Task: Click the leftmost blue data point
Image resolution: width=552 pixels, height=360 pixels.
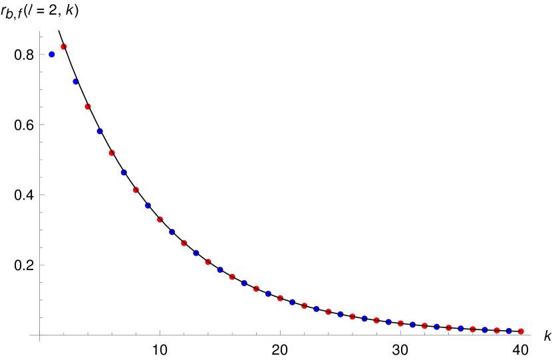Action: [x=52, y=55]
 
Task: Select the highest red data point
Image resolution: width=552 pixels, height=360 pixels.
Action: [x=64, y=47]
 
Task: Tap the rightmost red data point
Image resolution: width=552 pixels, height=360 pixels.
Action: [x=521, y=331]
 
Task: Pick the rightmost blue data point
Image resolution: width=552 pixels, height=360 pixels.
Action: [x=509, y=330]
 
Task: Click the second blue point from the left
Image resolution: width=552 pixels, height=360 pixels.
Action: [x=76, y=82]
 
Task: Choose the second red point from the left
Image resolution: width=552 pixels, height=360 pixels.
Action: [x=88, y=106]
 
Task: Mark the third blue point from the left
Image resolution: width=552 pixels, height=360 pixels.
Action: [x=100, y=131]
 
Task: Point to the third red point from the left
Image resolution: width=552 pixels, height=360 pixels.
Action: [x=112, y=153]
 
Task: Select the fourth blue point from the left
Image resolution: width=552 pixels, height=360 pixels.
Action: [x=124, y=172]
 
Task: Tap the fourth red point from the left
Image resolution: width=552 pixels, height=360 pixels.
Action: [x=136, y=190]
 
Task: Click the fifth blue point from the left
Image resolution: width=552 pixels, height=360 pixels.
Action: [x=148, y=206]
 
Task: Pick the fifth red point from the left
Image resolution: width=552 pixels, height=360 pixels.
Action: [x=160, y=220]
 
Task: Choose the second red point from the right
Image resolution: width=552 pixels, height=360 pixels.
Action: [x=497, y=330]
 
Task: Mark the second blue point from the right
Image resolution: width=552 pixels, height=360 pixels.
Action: [x=485, y=329]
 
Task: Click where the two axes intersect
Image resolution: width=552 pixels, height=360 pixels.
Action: [x=40, y=335]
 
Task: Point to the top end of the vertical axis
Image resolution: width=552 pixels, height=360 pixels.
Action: [x=40, y=31]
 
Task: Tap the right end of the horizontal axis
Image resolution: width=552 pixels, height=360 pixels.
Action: [x=531, y=335]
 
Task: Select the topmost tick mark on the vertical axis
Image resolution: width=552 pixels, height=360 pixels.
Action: [x=41, y=37]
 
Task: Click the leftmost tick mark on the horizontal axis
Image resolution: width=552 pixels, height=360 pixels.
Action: [x=64, y=333]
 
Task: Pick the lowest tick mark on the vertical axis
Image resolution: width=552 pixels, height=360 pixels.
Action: [x=41, y=317]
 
